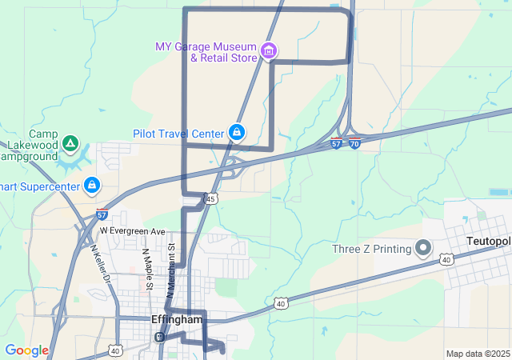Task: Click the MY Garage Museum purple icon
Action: (269, 52)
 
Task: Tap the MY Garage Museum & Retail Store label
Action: (206, 52)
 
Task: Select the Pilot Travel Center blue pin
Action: (237, 132)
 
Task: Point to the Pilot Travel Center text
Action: (178, 133)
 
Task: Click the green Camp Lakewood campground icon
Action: (70, 144)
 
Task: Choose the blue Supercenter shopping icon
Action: (92, 186)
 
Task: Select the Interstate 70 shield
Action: (354, 144)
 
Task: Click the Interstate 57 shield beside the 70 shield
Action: (337, 144)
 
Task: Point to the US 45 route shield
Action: (210, 198)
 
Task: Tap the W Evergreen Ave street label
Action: (132, 230)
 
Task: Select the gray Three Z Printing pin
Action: (424, 249)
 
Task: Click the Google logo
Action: (26, 350)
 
